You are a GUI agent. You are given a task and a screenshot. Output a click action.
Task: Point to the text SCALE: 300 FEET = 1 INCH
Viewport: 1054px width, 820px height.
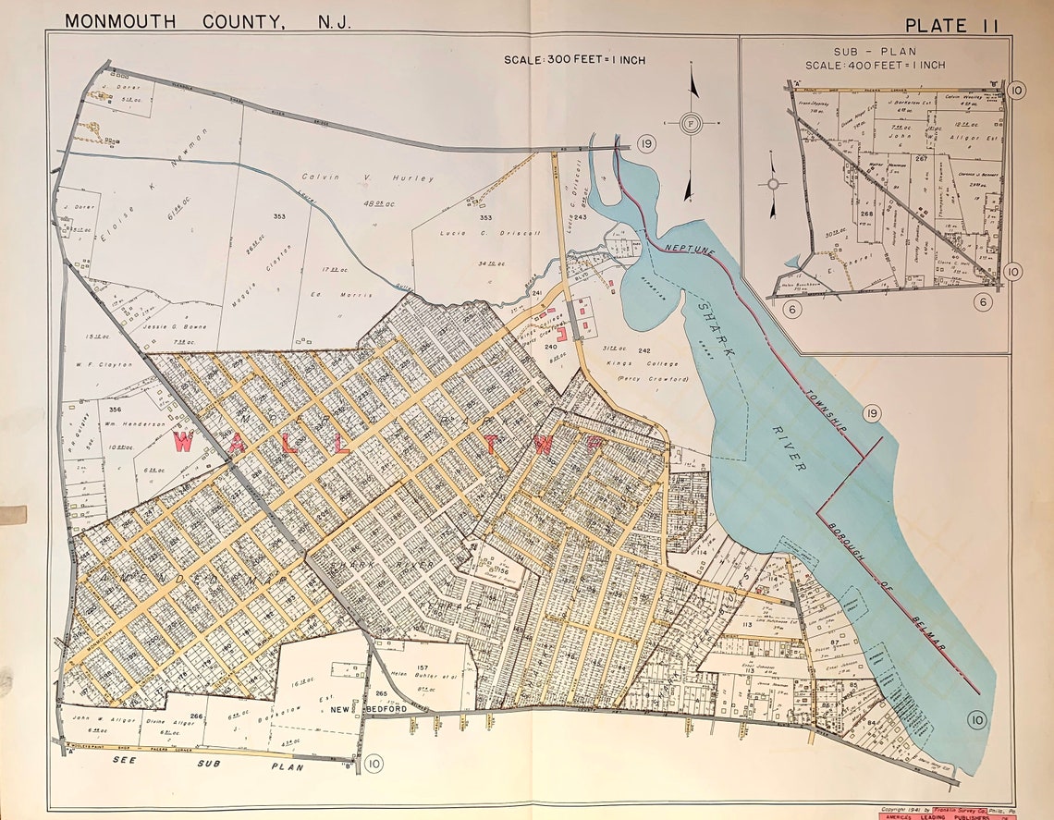574,60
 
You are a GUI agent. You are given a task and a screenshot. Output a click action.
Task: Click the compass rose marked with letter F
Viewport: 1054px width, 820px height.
690,123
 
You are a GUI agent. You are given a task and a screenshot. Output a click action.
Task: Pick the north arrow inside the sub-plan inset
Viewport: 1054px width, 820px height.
773,183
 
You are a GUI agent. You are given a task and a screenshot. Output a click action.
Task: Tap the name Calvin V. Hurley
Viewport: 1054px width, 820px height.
367,177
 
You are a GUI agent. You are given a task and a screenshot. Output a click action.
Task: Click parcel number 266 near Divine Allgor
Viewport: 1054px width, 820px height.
196,715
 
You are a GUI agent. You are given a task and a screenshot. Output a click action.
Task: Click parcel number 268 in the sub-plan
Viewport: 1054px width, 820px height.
866,214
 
